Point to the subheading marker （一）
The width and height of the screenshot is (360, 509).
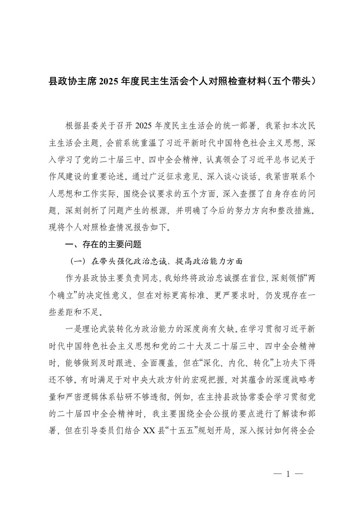pos(76,261)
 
